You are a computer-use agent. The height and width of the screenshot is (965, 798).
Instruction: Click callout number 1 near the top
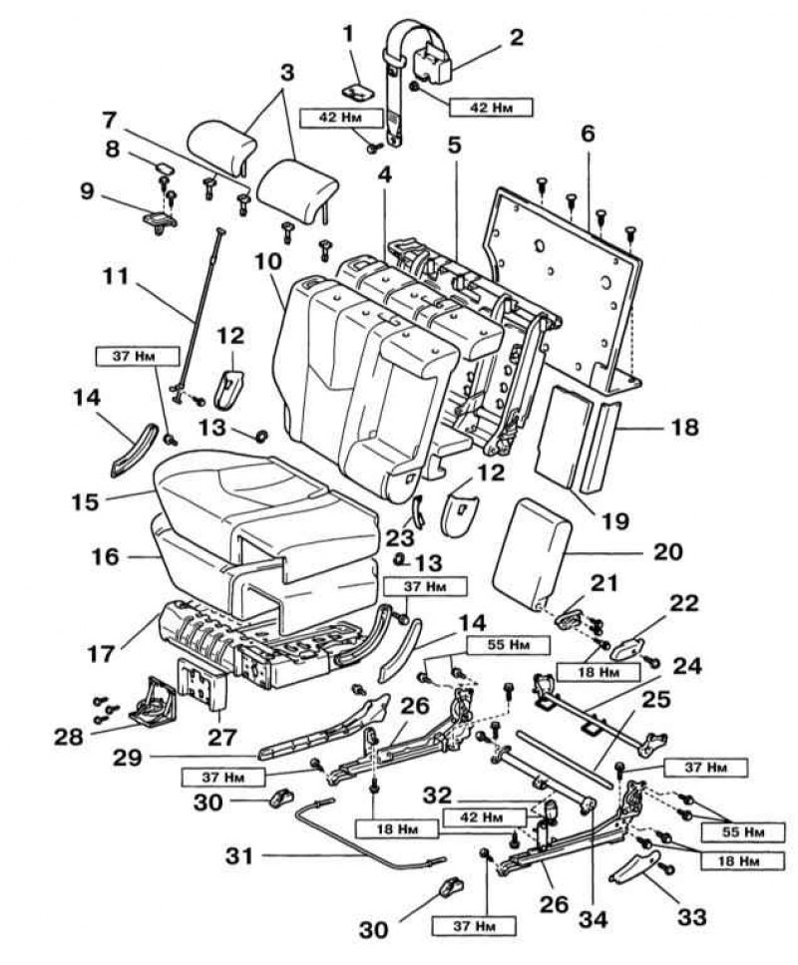[349, 34]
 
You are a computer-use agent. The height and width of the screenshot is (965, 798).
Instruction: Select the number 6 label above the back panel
[589, 133]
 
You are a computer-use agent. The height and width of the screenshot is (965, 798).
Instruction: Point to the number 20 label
[667, 551]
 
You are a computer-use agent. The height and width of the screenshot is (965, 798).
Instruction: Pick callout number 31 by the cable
[239, 856]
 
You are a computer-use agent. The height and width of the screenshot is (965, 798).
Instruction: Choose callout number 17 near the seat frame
[101, 654]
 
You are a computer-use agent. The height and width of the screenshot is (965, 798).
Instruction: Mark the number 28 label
[69, 737]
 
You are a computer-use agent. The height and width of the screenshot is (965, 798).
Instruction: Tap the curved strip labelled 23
[418, 510]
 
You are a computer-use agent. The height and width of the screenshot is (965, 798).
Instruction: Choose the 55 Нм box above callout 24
[508, 645]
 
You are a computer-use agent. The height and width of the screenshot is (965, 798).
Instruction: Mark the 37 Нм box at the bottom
[473, 925]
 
